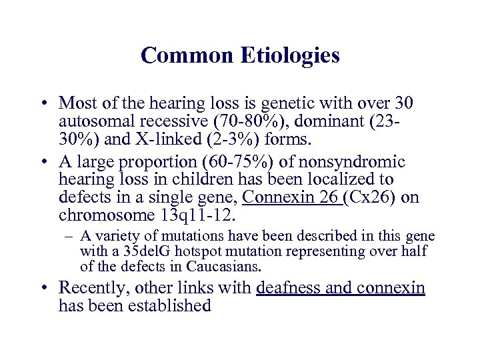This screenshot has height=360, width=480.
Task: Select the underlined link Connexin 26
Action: [x=293, y=198]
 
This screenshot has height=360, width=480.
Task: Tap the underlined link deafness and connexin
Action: [x=340, y=288]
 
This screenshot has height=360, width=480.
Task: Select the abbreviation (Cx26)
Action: [x=373, y=198]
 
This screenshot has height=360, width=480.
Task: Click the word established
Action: [x=171, y=306]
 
